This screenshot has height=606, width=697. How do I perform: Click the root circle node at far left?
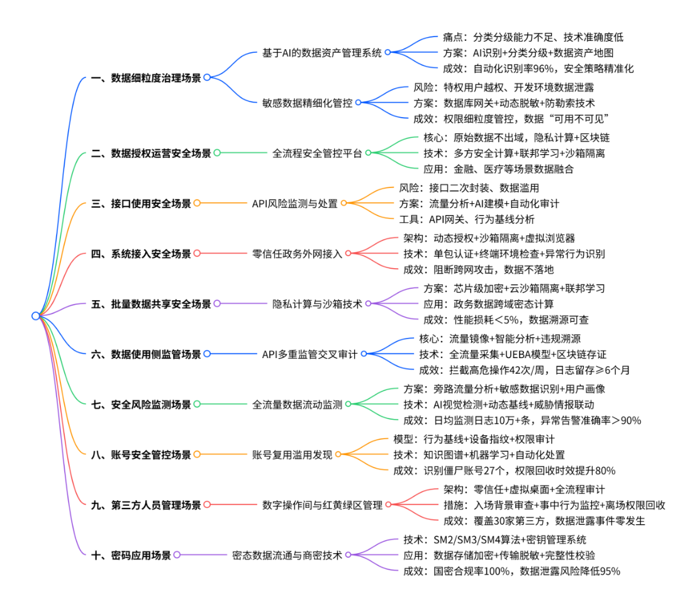point(36,316)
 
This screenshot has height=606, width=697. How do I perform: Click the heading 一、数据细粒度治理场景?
point(146,77)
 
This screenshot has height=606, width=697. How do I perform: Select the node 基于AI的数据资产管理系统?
point(321,53)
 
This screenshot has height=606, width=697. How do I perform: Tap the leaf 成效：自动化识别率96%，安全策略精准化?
point(535,68)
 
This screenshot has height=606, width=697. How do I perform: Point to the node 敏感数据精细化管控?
point(308,102)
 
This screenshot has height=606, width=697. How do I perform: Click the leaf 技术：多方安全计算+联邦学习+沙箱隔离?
point(514,153)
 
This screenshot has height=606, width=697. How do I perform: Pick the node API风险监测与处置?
point(294,203)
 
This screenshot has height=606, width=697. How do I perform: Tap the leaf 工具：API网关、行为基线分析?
point(467,219)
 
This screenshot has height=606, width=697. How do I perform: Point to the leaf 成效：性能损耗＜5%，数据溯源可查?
point(506,320)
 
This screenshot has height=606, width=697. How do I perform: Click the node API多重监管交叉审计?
point(309,354)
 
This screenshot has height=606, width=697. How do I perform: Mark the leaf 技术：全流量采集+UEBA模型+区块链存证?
point(513,354)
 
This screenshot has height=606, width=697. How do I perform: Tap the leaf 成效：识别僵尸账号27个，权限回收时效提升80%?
point(504,470)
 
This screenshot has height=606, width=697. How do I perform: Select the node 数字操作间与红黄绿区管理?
point(322,505)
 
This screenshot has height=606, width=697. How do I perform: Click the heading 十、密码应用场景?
point(131,555)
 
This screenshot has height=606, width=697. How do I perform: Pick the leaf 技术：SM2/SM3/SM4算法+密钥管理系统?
point(494,539)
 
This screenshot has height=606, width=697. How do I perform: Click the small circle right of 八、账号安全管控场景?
point(197,455)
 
